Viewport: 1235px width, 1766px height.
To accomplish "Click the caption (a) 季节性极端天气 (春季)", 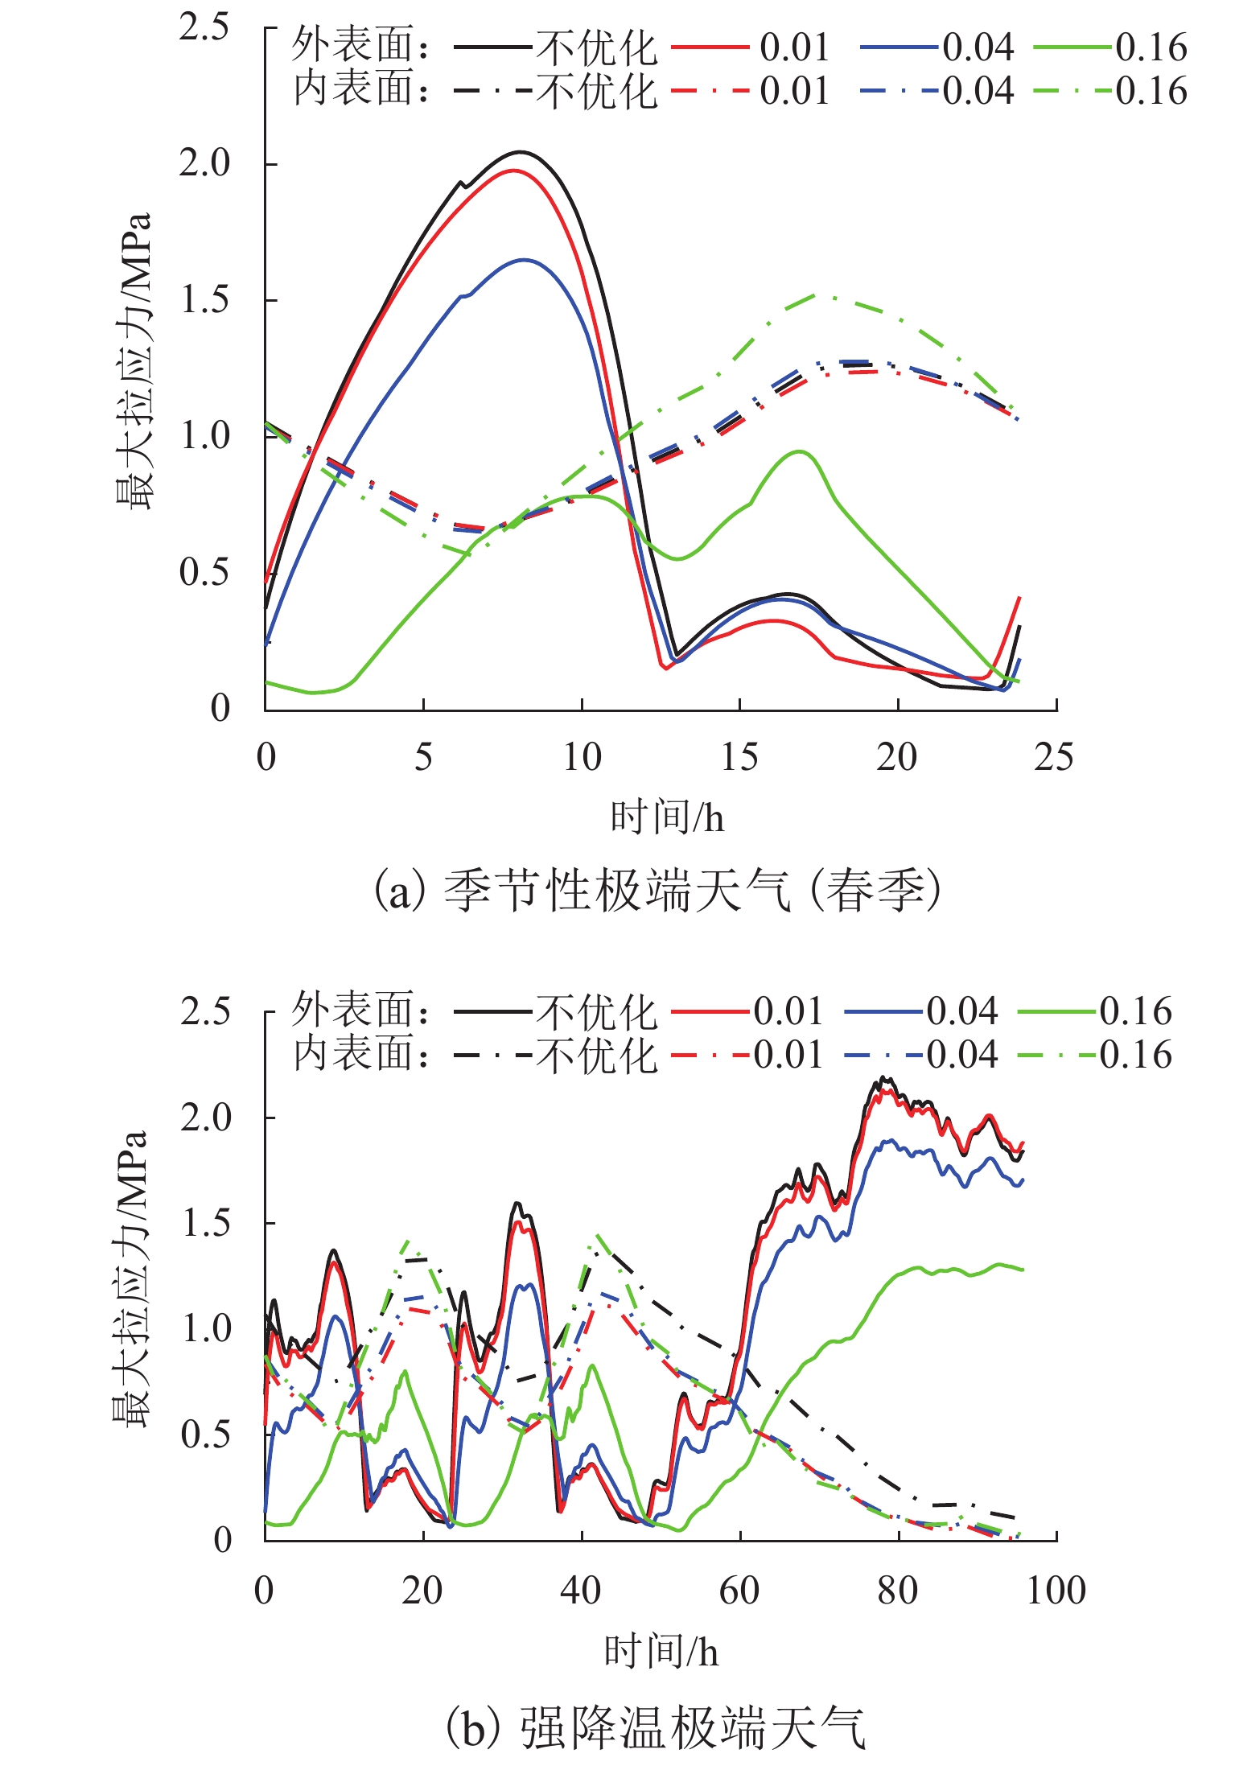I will coord(658,891).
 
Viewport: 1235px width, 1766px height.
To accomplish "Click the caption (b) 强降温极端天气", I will coord(655,1728).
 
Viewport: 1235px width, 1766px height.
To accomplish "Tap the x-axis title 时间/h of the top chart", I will coord(667,818).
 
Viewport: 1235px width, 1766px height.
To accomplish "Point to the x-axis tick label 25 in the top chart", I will coord(1054,757).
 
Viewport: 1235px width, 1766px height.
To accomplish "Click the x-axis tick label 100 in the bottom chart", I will coord(1056,1591).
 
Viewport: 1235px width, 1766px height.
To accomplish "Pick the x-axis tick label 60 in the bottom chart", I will coord(739,1591).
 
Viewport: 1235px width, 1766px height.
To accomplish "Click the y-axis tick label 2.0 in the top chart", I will coord(204,163).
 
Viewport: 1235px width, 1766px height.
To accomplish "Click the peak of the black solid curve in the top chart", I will coord(521,151).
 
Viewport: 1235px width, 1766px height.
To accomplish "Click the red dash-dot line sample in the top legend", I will coord(710,90).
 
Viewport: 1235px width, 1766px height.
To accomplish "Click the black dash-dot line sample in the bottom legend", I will coord(492,1055).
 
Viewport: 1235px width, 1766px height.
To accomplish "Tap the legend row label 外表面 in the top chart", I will coord(354,46).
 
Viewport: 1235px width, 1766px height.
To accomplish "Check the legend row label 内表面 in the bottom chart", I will coord(354,1055).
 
